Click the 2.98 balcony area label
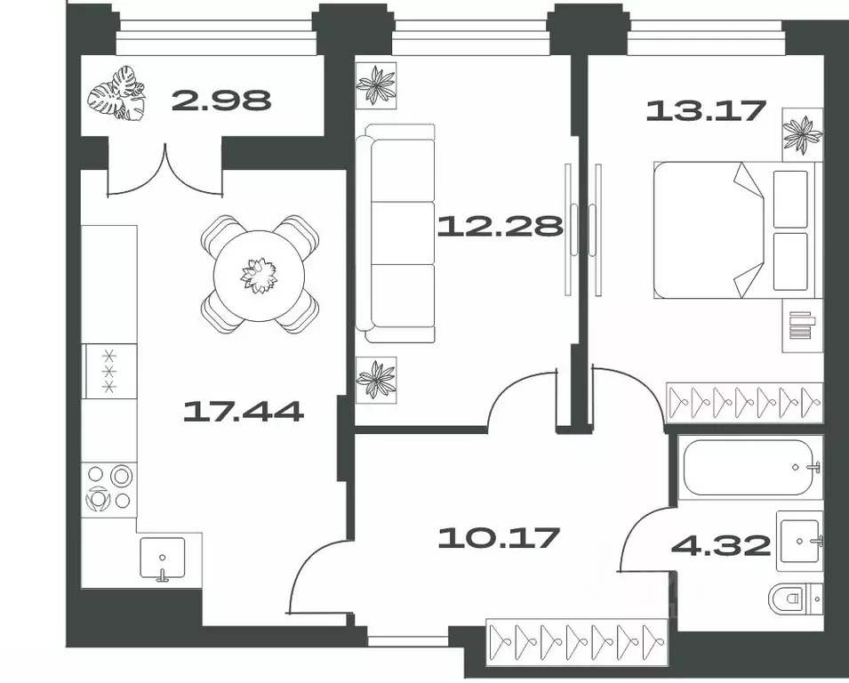220,100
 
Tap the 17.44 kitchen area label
243,411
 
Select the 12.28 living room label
501,226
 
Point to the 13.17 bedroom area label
706,111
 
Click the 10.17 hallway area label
500,537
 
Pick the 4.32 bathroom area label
733,544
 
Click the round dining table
260,273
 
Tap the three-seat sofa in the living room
397,234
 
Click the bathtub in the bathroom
752,467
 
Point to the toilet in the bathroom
796,600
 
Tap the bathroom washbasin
800,541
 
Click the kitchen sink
162,558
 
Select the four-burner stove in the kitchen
110,487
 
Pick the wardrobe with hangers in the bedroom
743,401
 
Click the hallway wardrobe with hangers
577,639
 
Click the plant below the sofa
375,378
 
